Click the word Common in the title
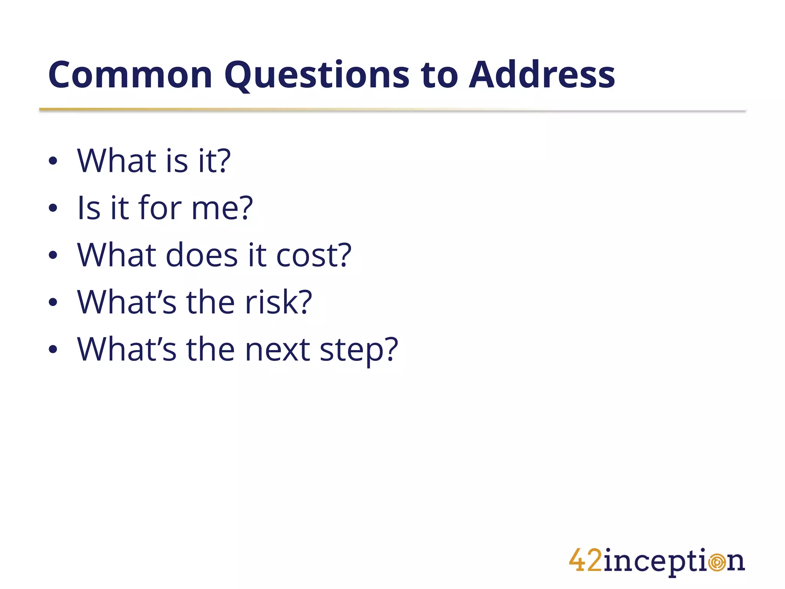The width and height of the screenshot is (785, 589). click(x=130, y=75)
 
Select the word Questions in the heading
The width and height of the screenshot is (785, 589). click(x=317, y=76)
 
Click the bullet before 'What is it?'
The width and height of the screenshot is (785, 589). click(x=53, y=161)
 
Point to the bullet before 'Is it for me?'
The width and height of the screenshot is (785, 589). click(x=53, y=208)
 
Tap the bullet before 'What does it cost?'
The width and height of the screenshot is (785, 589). click(x=53, y=255)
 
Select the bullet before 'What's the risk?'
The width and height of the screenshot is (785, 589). click(x=53, y=303)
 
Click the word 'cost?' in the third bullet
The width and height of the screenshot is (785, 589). click(x=314, y=255)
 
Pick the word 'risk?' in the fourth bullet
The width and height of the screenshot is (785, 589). click(x=279, y=303)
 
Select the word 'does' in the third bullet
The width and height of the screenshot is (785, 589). click(x=202, y=255)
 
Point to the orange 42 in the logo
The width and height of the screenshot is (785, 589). click(x=585, y=560)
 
